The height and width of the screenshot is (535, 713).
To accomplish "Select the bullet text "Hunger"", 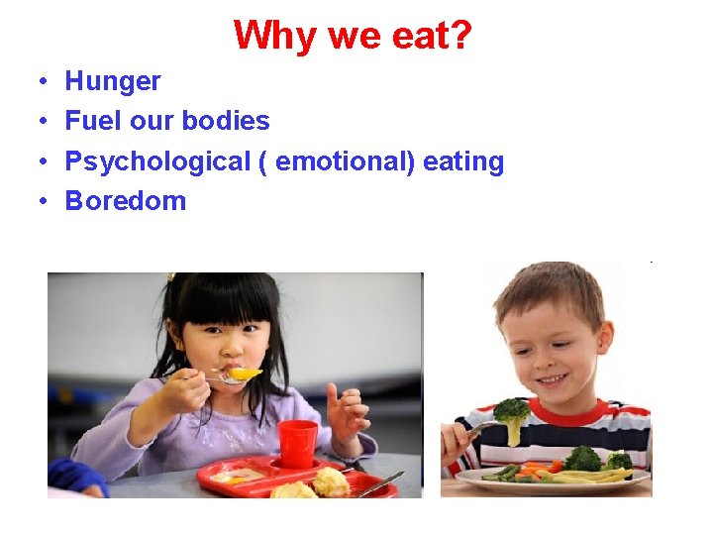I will point(113,81).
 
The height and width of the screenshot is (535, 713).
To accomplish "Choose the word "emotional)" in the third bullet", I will point(345,161).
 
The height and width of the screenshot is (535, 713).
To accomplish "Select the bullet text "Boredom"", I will point(125,201).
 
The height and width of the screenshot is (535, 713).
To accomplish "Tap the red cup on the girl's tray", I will point(297,443).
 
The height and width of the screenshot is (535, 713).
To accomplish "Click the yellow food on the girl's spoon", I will point(244,374).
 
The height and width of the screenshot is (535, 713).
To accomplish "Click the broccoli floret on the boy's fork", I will point(510,413).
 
